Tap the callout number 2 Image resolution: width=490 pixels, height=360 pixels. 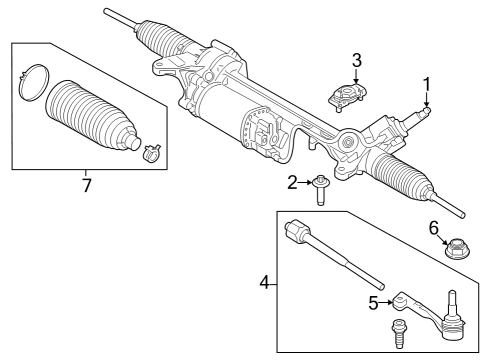click(293, 181)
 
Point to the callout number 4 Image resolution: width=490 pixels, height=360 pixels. click(265, 283)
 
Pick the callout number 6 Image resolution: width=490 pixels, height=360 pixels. click(435, 229)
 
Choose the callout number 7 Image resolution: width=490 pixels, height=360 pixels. click(86, 186)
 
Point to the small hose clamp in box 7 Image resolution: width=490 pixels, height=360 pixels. click(152, 152)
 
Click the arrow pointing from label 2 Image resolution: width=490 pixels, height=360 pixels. click(305, 181)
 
